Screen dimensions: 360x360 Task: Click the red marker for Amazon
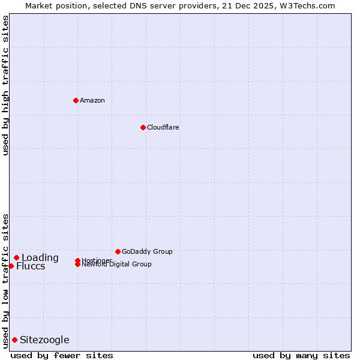point(76,100)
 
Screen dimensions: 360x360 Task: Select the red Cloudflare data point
point(143,127)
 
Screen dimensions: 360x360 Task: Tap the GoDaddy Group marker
point(118,251)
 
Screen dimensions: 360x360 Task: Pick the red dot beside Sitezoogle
point(14,340)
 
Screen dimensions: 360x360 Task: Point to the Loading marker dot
point(16,257)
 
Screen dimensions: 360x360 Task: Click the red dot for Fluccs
point(11,266)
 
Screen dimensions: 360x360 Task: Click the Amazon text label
point(92,100)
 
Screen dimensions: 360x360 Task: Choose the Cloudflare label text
point(163,127)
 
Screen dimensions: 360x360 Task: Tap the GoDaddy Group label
point(147,251)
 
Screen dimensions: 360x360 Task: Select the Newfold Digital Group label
point(116,265)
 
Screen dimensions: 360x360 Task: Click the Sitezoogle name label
point(44,340)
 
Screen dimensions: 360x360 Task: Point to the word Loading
point(40,257)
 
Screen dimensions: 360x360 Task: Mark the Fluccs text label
point(31,266)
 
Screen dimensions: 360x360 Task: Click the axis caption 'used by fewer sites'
point(62,355)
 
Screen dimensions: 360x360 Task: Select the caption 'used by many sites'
point(301,355)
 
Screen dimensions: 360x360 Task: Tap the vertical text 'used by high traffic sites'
point(5,85)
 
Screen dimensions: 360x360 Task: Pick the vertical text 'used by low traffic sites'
point(5,280)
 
